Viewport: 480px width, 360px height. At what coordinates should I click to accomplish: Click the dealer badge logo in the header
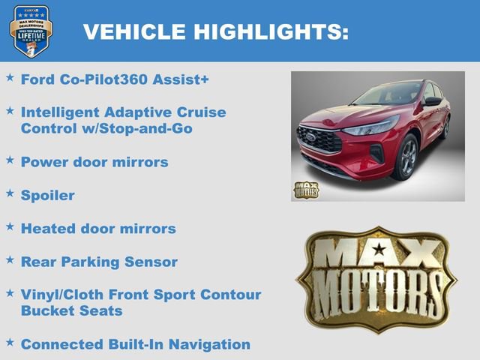pos(31,31)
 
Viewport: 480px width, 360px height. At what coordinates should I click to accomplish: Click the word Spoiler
pos(48,195)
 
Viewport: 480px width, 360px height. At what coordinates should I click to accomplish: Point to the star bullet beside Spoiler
pos(10,193)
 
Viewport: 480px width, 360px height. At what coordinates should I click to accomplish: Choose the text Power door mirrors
pos(94,162)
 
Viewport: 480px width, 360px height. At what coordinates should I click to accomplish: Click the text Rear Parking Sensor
pos(99,262)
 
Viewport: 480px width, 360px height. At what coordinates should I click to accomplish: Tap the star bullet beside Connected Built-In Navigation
pos(10,343)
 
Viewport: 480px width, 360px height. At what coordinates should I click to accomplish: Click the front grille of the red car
pos(319,139)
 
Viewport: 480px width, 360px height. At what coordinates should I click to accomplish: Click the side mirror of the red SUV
pos(432,101)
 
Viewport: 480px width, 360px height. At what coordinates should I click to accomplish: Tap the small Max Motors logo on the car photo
pos(305,190)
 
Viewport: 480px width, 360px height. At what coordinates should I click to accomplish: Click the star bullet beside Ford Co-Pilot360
pos(10,77)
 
